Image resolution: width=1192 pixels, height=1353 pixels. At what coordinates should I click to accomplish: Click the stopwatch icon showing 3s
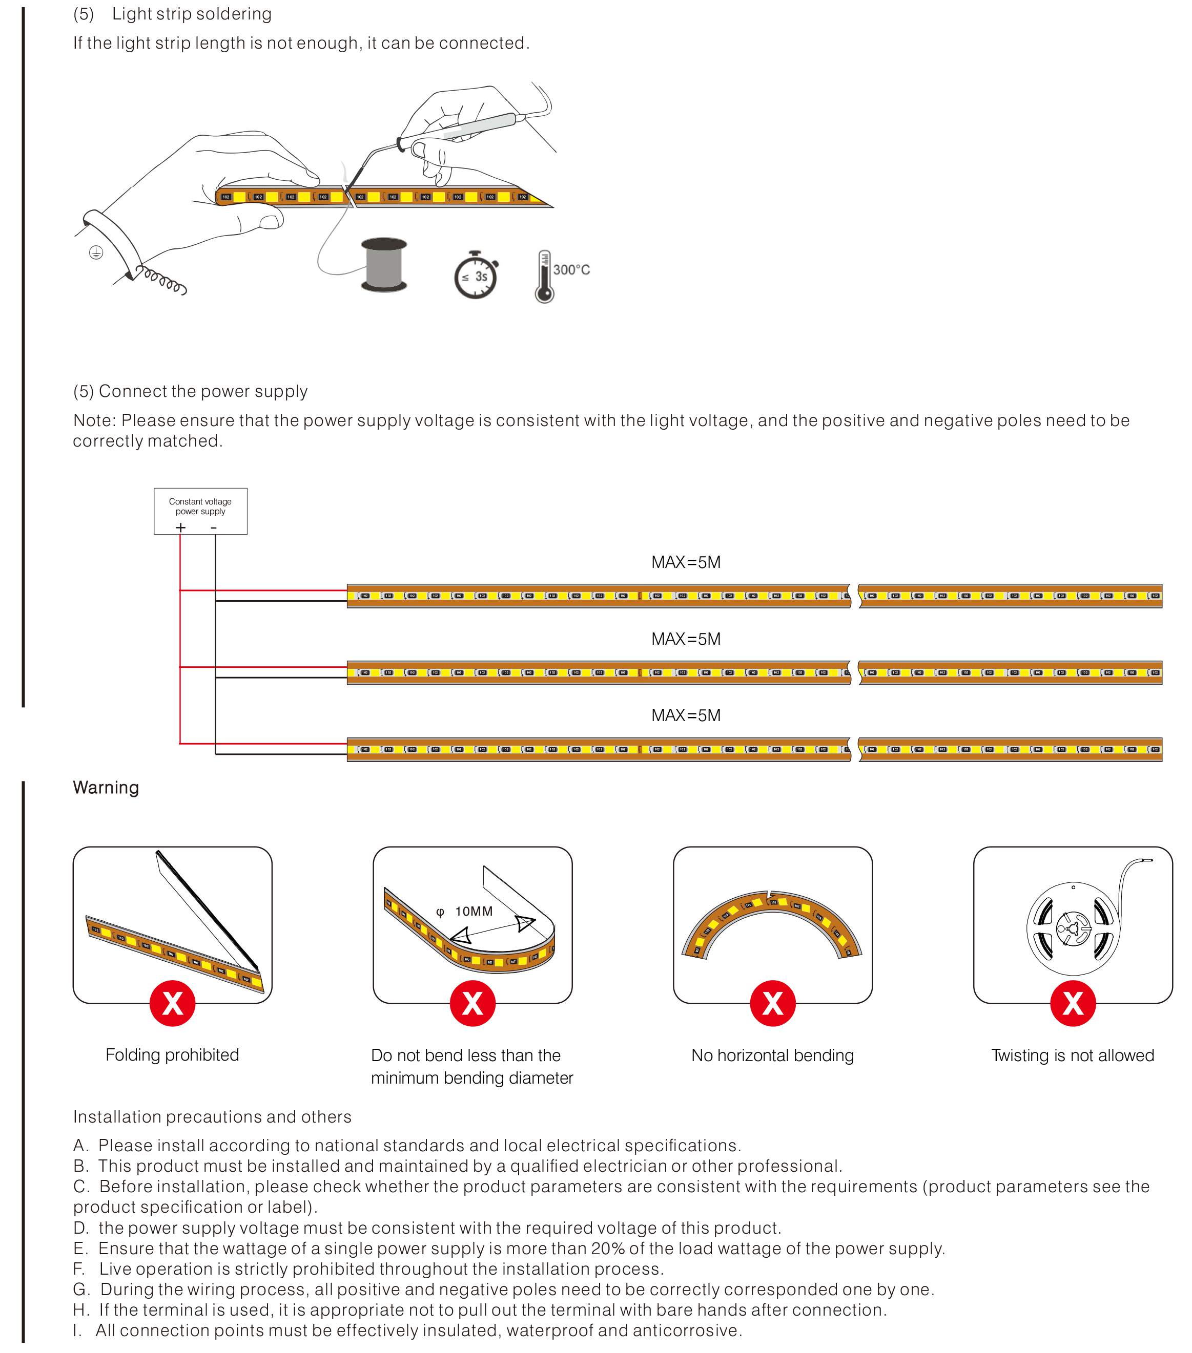pos(476,276)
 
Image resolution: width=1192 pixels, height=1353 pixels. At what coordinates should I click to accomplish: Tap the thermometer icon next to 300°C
pos(544,277)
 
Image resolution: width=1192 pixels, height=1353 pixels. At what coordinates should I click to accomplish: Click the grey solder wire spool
pos(384,265)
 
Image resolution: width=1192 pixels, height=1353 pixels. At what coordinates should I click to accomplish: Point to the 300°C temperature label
pos(571,270)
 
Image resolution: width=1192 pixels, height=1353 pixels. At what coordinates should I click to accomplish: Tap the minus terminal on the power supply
pos(214,527)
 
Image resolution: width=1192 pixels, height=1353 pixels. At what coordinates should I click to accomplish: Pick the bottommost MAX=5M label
pos(685,715)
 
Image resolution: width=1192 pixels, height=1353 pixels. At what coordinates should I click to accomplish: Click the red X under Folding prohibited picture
pos(172,1004)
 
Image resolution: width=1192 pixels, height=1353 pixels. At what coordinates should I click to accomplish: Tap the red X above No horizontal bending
pos(772,1004)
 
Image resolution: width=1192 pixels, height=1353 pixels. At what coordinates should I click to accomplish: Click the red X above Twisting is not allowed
pos(1073,1004)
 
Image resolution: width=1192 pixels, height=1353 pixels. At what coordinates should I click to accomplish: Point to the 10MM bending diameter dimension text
pos(474,912)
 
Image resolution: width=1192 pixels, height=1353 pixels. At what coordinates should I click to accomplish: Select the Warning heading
pos(106,788)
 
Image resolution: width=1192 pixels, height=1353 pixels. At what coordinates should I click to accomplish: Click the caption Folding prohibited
pos(172,1054)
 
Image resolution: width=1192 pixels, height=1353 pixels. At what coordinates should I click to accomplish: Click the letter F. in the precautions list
pos(79,1269)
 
